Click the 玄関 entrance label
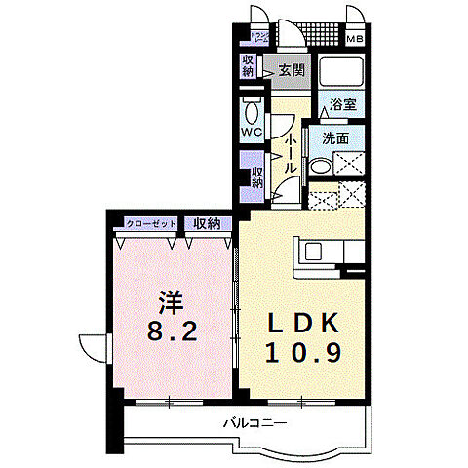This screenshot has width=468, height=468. pyautogui.click(x=291, y=69)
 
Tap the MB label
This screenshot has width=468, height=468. pyautogui.click(x=357, y=40)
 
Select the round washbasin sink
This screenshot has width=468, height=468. pyautogui.click(x=319, y=167)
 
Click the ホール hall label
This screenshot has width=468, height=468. pyautogui.click(x=290, y=155)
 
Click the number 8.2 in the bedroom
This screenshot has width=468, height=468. pyautogui.click(x=175, y=331)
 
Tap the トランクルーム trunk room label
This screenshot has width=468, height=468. pyautogui.click(x=259, y=40)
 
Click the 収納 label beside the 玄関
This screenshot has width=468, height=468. pyautogui.click(x=249, y=66)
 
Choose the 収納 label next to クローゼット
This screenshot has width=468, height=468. pyautogui.click(x=206, y=224)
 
